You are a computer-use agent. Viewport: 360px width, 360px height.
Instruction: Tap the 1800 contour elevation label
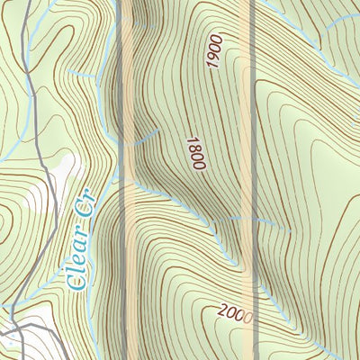click(x=195, y=153)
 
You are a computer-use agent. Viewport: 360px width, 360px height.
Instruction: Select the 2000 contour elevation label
click(x=235, y=314)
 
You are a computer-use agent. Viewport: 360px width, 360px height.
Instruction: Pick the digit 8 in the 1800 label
click(x=194, y=149)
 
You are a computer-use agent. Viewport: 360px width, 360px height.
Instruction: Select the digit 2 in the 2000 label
click(x=222, y=310)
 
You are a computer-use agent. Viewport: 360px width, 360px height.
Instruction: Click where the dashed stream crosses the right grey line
click(x=253, y=219)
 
